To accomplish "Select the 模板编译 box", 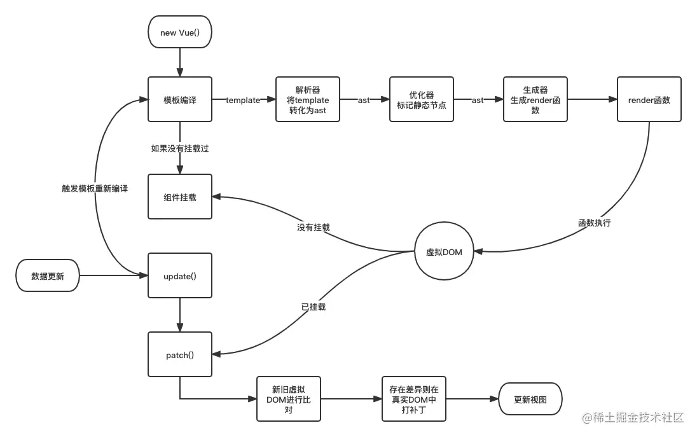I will (180, 100).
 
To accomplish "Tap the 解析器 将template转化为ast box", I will (308, 100).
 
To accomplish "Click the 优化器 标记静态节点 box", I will (421, 100).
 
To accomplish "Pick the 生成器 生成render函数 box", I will (535, 100).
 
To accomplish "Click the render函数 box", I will (649, 100).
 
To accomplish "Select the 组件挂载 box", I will (180, 197).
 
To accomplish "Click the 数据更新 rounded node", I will (48, 276).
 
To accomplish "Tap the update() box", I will (180, 276).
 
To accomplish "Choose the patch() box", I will (180, 355).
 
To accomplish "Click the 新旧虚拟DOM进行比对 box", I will (289, 399).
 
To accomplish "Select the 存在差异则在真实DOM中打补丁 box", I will (414, 399).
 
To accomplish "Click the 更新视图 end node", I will (530, 399).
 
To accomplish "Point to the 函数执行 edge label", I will (594, 223).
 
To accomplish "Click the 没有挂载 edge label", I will (313, 227).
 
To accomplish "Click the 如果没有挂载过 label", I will (180, 148).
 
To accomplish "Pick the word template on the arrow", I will (243, 101).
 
